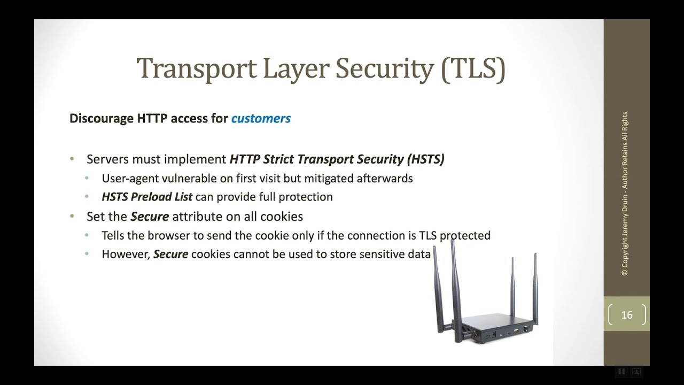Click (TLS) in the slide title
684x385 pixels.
[473, 69]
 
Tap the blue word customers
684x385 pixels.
[261, 118]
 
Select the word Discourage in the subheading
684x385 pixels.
[102, 118]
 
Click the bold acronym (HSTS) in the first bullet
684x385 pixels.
[425, 159]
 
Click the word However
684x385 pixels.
[126, 254]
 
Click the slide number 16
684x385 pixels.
[627, 315]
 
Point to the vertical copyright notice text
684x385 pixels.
[625, 194]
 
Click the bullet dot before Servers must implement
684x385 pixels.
[72, 159]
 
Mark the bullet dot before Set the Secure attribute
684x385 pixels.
[72, 216]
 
